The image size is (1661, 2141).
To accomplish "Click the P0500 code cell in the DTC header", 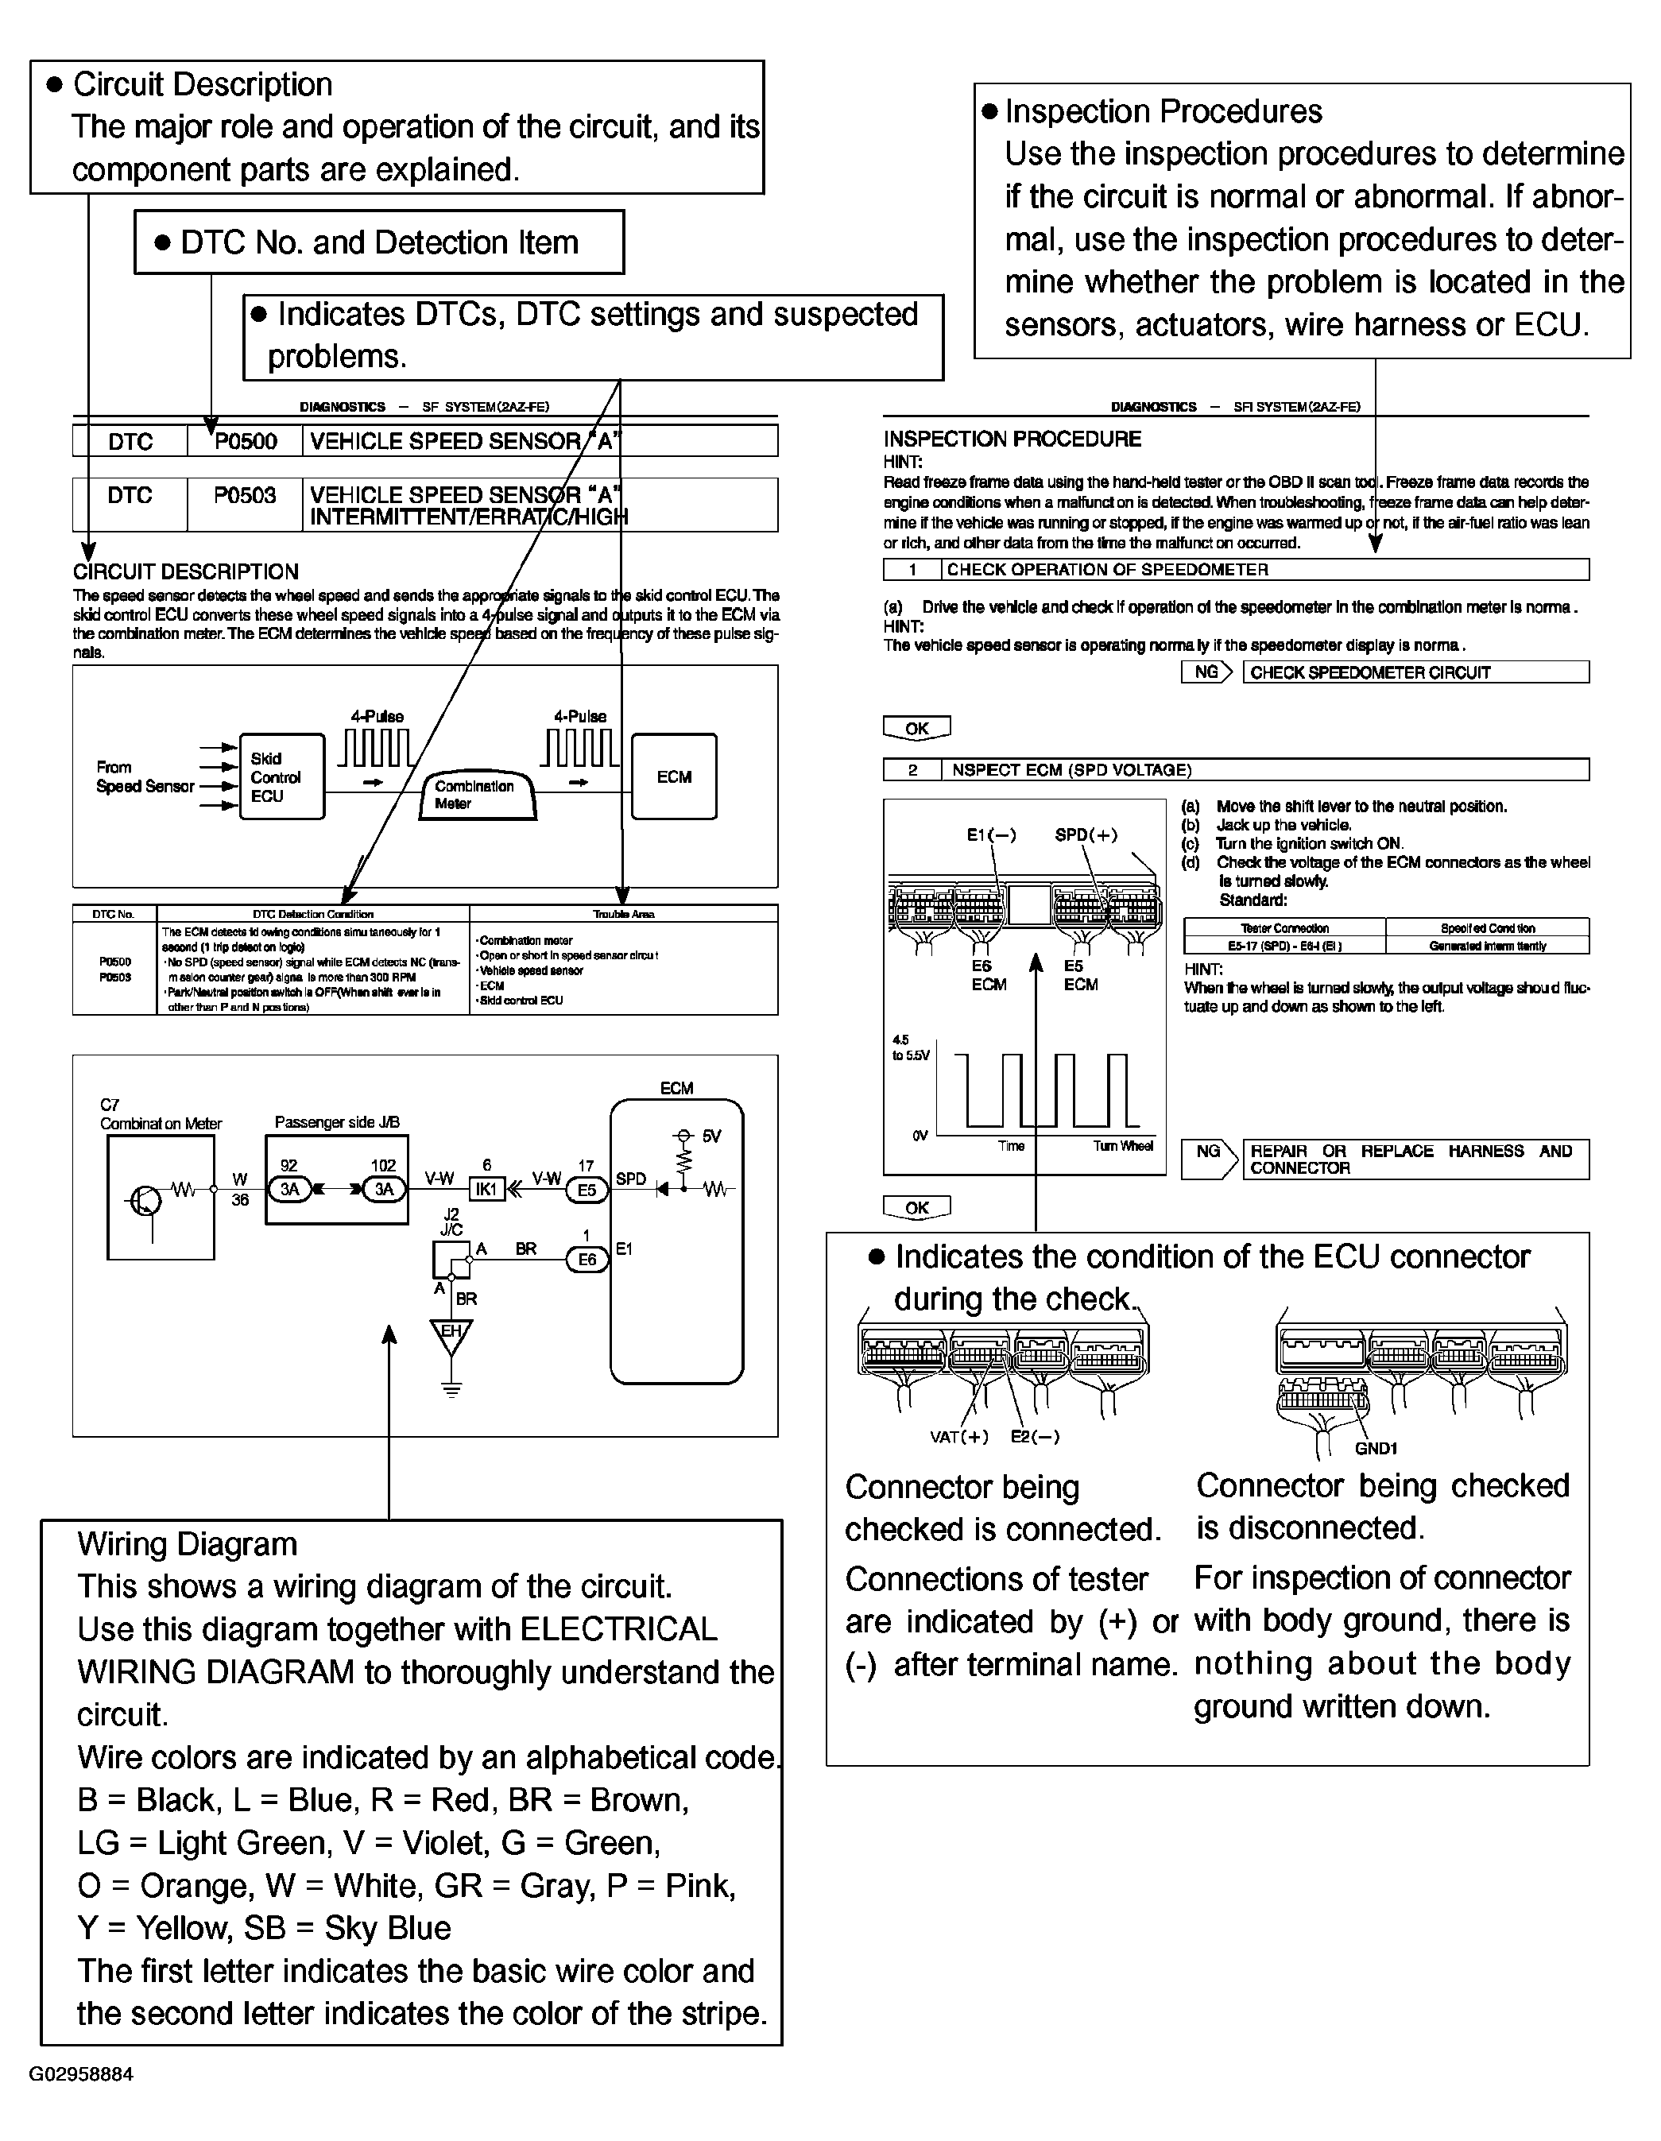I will (245, 441).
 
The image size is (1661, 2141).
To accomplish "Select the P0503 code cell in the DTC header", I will (245, 496).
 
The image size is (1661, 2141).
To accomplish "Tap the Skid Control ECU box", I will (281, 776).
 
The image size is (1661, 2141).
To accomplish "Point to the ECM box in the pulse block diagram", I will (674, 776).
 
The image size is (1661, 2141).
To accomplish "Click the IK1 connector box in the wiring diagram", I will (486, 1189).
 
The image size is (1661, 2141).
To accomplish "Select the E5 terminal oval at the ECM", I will (587, 1189).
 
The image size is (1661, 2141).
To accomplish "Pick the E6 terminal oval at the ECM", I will (587, 1260).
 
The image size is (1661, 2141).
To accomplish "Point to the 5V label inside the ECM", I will (710, 1136).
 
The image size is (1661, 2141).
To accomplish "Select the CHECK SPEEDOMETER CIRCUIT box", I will (1415, 672).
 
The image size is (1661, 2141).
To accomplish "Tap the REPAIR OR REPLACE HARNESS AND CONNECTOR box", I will (1415, 1159).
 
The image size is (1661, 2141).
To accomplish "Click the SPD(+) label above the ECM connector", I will (1086, 835).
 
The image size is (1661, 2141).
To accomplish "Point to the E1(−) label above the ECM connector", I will (991, 835).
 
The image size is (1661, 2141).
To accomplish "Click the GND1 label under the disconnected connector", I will (1376, 1449).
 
